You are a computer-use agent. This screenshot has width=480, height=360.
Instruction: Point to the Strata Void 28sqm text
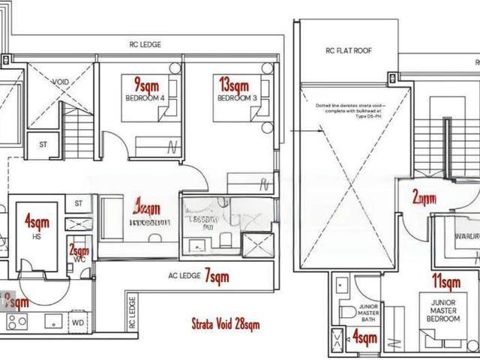pyautogui.click(x=225, y=325)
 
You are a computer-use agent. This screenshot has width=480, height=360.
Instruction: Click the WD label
pyautogui.click(x=79, y=323)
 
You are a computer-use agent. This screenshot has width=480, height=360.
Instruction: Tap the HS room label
pyautogui.click(x=35, y=236)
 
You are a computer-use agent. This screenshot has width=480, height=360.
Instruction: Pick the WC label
pyautogui.click(x=79, y=260)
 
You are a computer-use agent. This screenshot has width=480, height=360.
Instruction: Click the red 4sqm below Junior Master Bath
pyautogui.click(x=364, y=338)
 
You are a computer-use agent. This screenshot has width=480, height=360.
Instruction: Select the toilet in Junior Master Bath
pyautogui.click(x=346, y=312)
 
